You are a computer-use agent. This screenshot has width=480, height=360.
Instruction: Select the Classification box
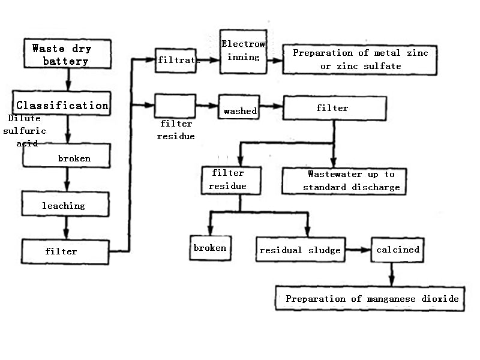[x=62, y=106]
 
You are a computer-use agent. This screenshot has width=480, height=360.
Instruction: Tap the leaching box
[x=65, y=205]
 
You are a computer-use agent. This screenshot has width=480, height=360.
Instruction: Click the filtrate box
[x=175, y=60]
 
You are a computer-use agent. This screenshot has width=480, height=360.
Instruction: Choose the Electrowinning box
[x=243, y=52]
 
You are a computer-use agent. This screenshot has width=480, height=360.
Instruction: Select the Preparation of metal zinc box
[x=360, y=59]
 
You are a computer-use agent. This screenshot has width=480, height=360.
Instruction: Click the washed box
[x=240, y=110]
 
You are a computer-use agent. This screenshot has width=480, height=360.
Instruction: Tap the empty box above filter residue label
[x=175, y=106]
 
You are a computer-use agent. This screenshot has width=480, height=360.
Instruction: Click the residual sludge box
[x=301, y=250]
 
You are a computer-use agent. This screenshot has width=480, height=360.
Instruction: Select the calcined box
[x=397, y=249]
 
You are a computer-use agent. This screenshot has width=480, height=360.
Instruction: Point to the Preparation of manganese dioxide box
[x=372, y=298]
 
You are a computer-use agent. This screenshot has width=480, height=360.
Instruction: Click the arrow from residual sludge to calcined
[x=359, y=249]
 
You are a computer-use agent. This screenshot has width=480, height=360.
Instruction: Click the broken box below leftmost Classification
[x=67, y=158]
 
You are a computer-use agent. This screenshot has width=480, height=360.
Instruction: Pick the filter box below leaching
[x=65, y=251]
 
